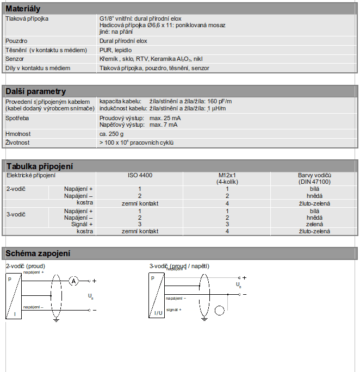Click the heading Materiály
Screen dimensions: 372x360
(x=23, y=9)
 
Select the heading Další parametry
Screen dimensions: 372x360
(x=35, y=91)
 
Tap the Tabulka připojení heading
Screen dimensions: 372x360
(x=39, y=166)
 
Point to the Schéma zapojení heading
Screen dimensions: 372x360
(x=38, y=253)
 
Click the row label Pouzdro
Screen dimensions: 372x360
(x=16, y=41)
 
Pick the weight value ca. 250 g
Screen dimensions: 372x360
(x=111, y=134)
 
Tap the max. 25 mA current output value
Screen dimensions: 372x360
(x=165, y=118)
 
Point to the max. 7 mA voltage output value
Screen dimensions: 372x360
(x=163, y=125)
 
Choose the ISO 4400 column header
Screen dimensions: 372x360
(x=140, y=176)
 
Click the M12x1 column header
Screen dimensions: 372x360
(x=227, y=176)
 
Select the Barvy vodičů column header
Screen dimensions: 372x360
(x=315, y=176)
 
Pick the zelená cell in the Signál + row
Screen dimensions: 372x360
(x=315, y=224)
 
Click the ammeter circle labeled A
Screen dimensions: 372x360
(x=74, y=281)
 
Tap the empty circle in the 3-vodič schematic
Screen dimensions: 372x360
(x=220, y=311)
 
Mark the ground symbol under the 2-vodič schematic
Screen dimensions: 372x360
(x=56, y=320)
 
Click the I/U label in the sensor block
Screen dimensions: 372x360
(x=158, y=313)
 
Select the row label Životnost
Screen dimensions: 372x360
(x=17, y=142)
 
